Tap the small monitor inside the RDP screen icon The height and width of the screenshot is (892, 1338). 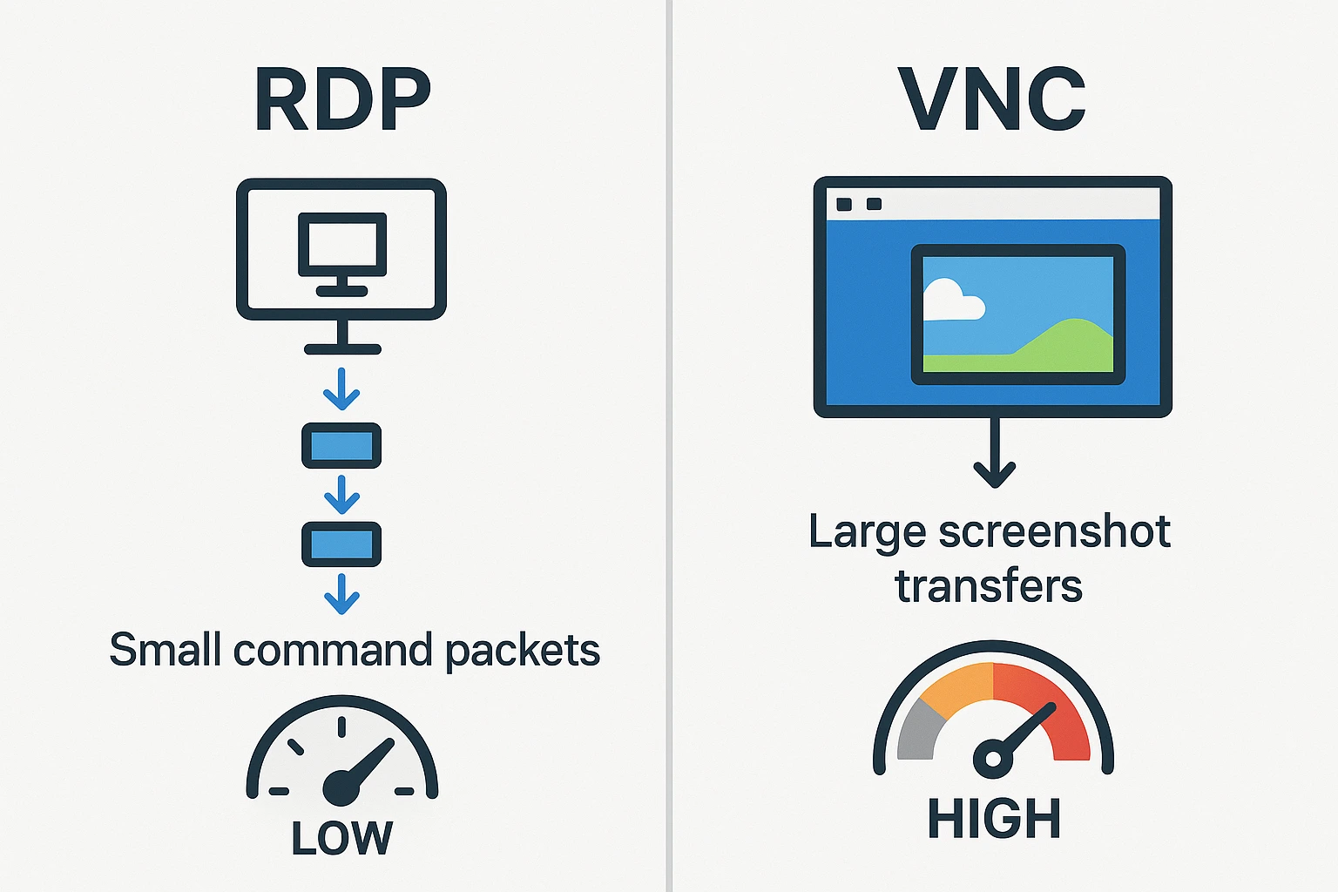pyautogui.click(x=341, y=246)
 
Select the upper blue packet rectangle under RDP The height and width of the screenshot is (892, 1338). pyautogui.click(x=341, y=446)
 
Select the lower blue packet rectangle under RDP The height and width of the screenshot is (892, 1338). pyautogui.click(x=341, y=544)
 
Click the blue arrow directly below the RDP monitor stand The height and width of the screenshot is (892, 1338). pyautogui.click(x=341, y=389)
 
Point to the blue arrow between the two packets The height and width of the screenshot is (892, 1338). pyautogui.click(x=341, y=495)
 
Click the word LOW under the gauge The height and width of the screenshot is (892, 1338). pyautogui.click(x=341, y=839)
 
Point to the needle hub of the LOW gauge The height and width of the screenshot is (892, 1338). pyautogui.click(x=341, y=787)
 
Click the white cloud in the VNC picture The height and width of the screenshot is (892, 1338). pyautogui.click(x=951, y=301)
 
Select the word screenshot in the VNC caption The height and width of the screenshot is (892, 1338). pyautogui.click(x=1054, y=531)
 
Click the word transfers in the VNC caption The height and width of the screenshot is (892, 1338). pyautogui.click(x=989, y=586)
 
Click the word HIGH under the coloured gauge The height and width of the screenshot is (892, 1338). pyautogui.click(x=993, y=819)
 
